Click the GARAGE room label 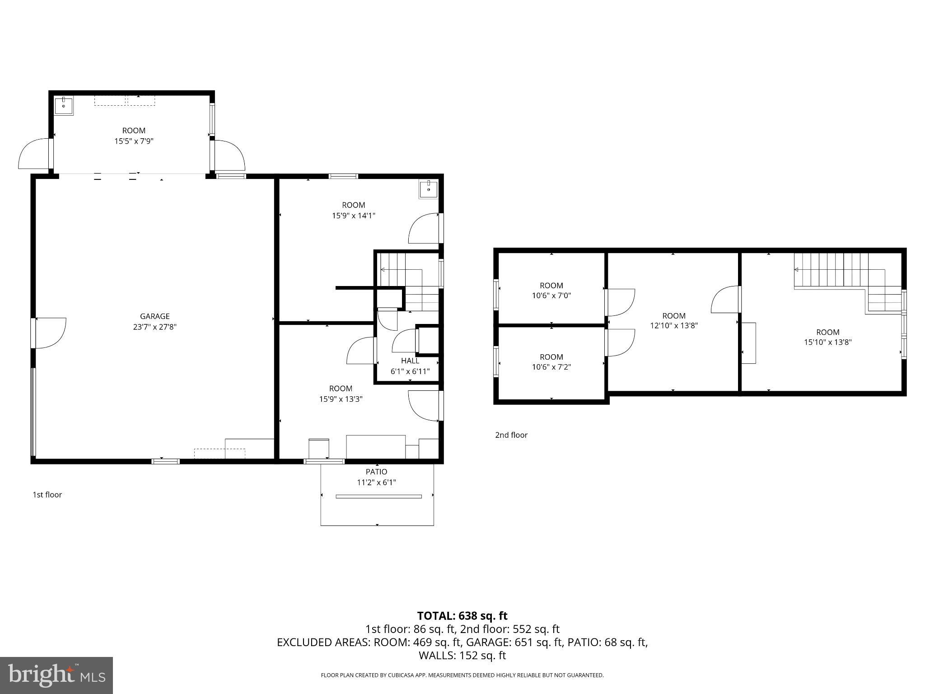click(x=154, y=316)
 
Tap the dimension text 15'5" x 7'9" click(x=134, y=141)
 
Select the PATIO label click(x=376, y=472)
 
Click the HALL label click(x=410, y=361)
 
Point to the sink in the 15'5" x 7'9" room click(x=64, y=106)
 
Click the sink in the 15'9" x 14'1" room click(x=428, y=189)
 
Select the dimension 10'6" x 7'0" click(x=551, y=295)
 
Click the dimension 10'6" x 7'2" click(x=551, y=367)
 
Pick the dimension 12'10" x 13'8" click(x=673, y=325)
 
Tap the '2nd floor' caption click(x=511, y=435)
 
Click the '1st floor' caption click(x=47, y=495)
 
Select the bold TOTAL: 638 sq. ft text click(x=462, y=616)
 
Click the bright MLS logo click(x=56, y=675)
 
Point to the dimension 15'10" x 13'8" click(x=827, y=342)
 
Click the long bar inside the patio click(x=378, y=497)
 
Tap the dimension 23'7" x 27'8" click(x=154, y=327)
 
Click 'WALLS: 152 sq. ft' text click(x=462, y=655)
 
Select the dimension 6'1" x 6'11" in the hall click(x=410, y=371)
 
